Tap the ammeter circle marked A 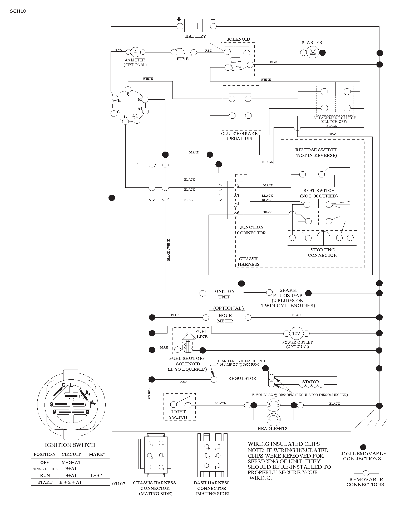pos(135,52)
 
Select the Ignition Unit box pos(225,294)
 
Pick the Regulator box pos(243,379)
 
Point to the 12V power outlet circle pos(296,333)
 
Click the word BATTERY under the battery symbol pos(196,36)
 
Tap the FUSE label pos(182,59)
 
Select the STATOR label pos(311,382)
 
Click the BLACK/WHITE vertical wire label pos(169,250)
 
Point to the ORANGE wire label pos(149,394)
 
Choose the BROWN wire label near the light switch pos(220,403)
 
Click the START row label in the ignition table pos(45,482)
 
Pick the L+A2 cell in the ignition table pos(96,476)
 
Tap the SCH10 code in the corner pos(18,11)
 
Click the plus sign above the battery pos(179,19)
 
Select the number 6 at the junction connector pos(238,213)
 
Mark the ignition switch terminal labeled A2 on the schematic pos(137,120)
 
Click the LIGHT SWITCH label pos(178,414)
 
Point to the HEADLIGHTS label pos(272,429)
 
